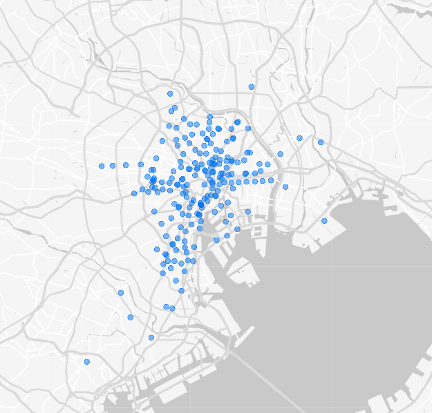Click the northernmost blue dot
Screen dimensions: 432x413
point(252,87)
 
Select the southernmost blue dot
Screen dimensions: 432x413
point(87,362)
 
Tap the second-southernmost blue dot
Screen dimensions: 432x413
point(151,338)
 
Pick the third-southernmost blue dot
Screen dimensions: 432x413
point(131,318)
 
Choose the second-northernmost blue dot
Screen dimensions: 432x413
point(170,93)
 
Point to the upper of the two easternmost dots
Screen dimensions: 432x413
point(321,142)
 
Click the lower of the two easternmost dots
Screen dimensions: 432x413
point(324,221)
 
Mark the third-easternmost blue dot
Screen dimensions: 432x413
point(300,138)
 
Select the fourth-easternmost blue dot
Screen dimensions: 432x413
point(285,187)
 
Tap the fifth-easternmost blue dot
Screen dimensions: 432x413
point(281,154)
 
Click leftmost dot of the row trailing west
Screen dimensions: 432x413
point(102,166)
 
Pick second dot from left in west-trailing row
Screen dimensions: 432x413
point(112,166)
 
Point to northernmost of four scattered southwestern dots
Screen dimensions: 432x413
point(121,293)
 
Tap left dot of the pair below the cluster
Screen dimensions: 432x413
point(166,306)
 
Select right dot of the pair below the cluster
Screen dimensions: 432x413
point(171,308)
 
